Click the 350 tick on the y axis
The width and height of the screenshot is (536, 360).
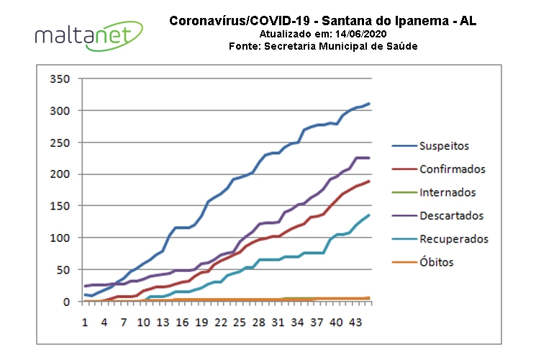click(x=60, y=78)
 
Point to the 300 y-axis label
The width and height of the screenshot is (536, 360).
click(x=60, y=110)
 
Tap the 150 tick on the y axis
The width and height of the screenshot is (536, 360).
click(x=60, y=206)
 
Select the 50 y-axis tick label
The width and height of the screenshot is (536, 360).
click(x=63, y=270)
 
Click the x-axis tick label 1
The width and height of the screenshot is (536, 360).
click(x=85, y=322)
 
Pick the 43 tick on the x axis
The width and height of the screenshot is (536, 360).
click(x=355, y=322)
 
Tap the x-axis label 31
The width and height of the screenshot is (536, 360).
click(x=278, y=322)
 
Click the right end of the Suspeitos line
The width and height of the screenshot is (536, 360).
click(x=369, y=104)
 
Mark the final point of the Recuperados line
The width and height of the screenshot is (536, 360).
click(x=369, y=215)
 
